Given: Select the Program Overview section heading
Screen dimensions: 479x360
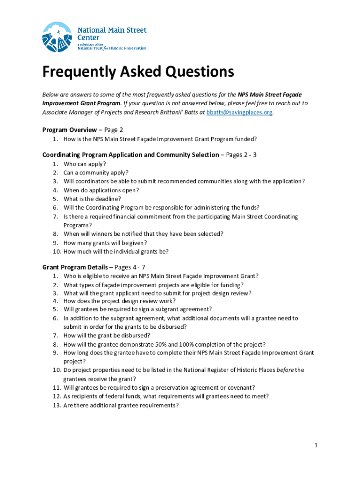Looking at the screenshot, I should tap(69, 130).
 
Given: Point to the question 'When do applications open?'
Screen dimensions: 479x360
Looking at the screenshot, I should tap(101, 190).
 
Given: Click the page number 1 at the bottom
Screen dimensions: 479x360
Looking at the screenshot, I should tap(316, 445).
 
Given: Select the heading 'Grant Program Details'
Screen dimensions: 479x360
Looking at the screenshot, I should tap(75, 267).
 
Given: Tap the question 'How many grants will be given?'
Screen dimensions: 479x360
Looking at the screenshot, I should tap(105, 242).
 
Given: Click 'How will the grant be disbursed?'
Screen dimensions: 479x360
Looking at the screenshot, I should tap(107, 335).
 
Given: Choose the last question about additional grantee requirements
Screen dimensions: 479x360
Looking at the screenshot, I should tap(121, 405).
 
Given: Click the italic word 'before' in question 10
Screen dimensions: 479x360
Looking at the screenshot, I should tap(285, 370).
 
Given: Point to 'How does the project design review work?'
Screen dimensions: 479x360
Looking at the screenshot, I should tap(120, 301).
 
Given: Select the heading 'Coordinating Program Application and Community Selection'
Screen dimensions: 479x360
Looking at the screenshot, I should tap(130, 155).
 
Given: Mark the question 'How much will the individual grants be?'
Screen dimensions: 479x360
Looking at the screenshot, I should tap(116, 251).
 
